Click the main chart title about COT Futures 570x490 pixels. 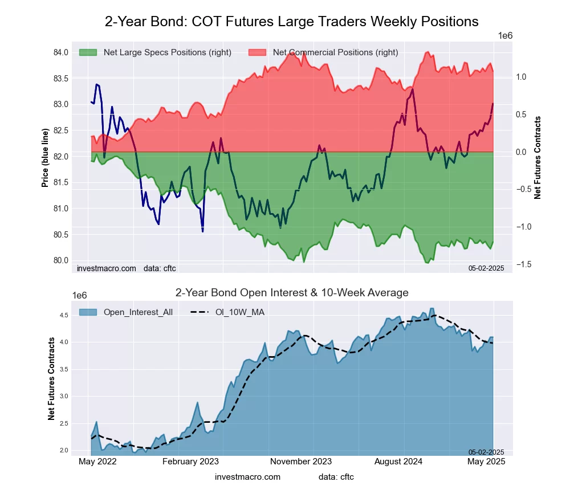pyautogui.click(x=291, y=22)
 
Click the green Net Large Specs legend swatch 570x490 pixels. pyautogui.click(x=88, y=52)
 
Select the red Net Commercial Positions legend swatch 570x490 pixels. pyautogui.click(x=258, y=52)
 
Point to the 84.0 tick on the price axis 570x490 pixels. pyautogui.click(x=61, y=52)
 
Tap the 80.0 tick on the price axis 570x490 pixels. pyautogui.click(x=61, y=260)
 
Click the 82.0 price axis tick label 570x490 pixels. pyautogui.click(x=61, y=157)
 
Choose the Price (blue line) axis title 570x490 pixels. pyautogui.click(x=45, y=158)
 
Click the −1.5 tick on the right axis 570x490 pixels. pyautogui.click(x=524, y=264)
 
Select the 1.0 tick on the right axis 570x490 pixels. pyautogui.click(x=522, y=77)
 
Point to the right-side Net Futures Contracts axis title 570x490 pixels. pyautogui.click(x=538, y=158)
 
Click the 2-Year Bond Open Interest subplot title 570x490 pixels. pyautogui.click(x=291, y=293)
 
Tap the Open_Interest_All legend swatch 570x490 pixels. pyautogui.click(x=88, y=312)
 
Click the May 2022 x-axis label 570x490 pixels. pyautogui.click(x=97, y=462)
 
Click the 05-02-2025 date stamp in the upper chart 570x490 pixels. pyautogui.click(x=486, y=268)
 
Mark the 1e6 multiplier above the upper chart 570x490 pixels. pyautogui.click(x=505, y=36)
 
